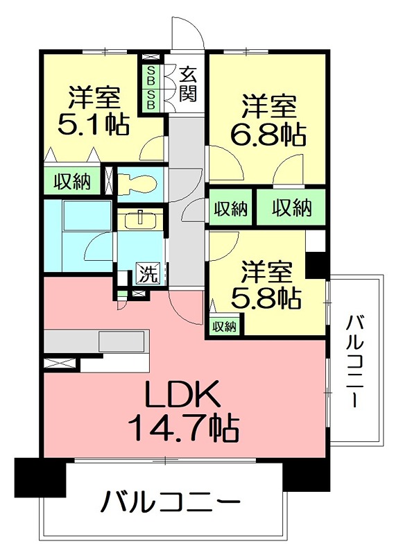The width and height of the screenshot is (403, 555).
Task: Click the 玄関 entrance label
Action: coord(187,83)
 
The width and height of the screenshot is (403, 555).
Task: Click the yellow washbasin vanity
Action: coord(140,221)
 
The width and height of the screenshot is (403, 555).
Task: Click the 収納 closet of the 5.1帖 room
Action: coord(73,182)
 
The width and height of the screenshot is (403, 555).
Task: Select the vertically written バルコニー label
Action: coord(355,361)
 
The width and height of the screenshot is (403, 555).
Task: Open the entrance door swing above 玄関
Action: coord(186,38)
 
